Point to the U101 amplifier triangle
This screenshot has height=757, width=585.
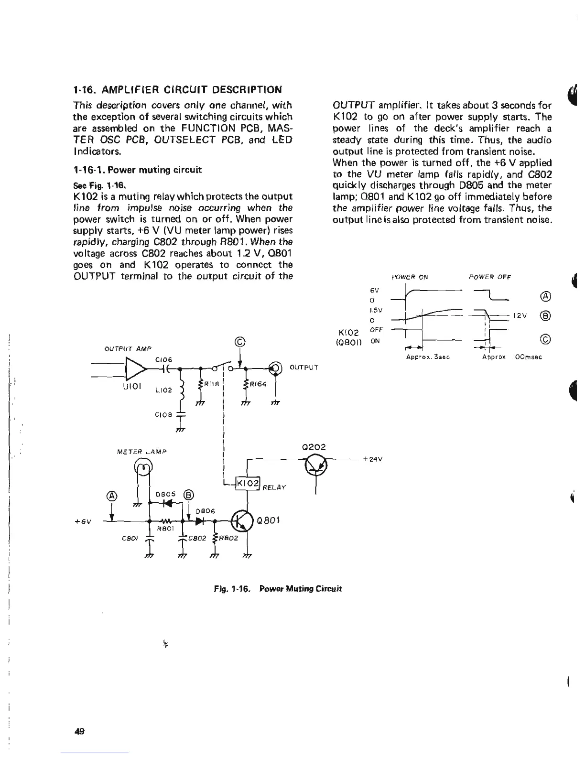(x=135, y=368)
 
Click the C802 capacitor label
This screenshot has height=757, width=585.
(x=197, y=539)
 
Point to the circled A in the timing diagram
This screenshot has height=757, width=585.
(x=547, y=295)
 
